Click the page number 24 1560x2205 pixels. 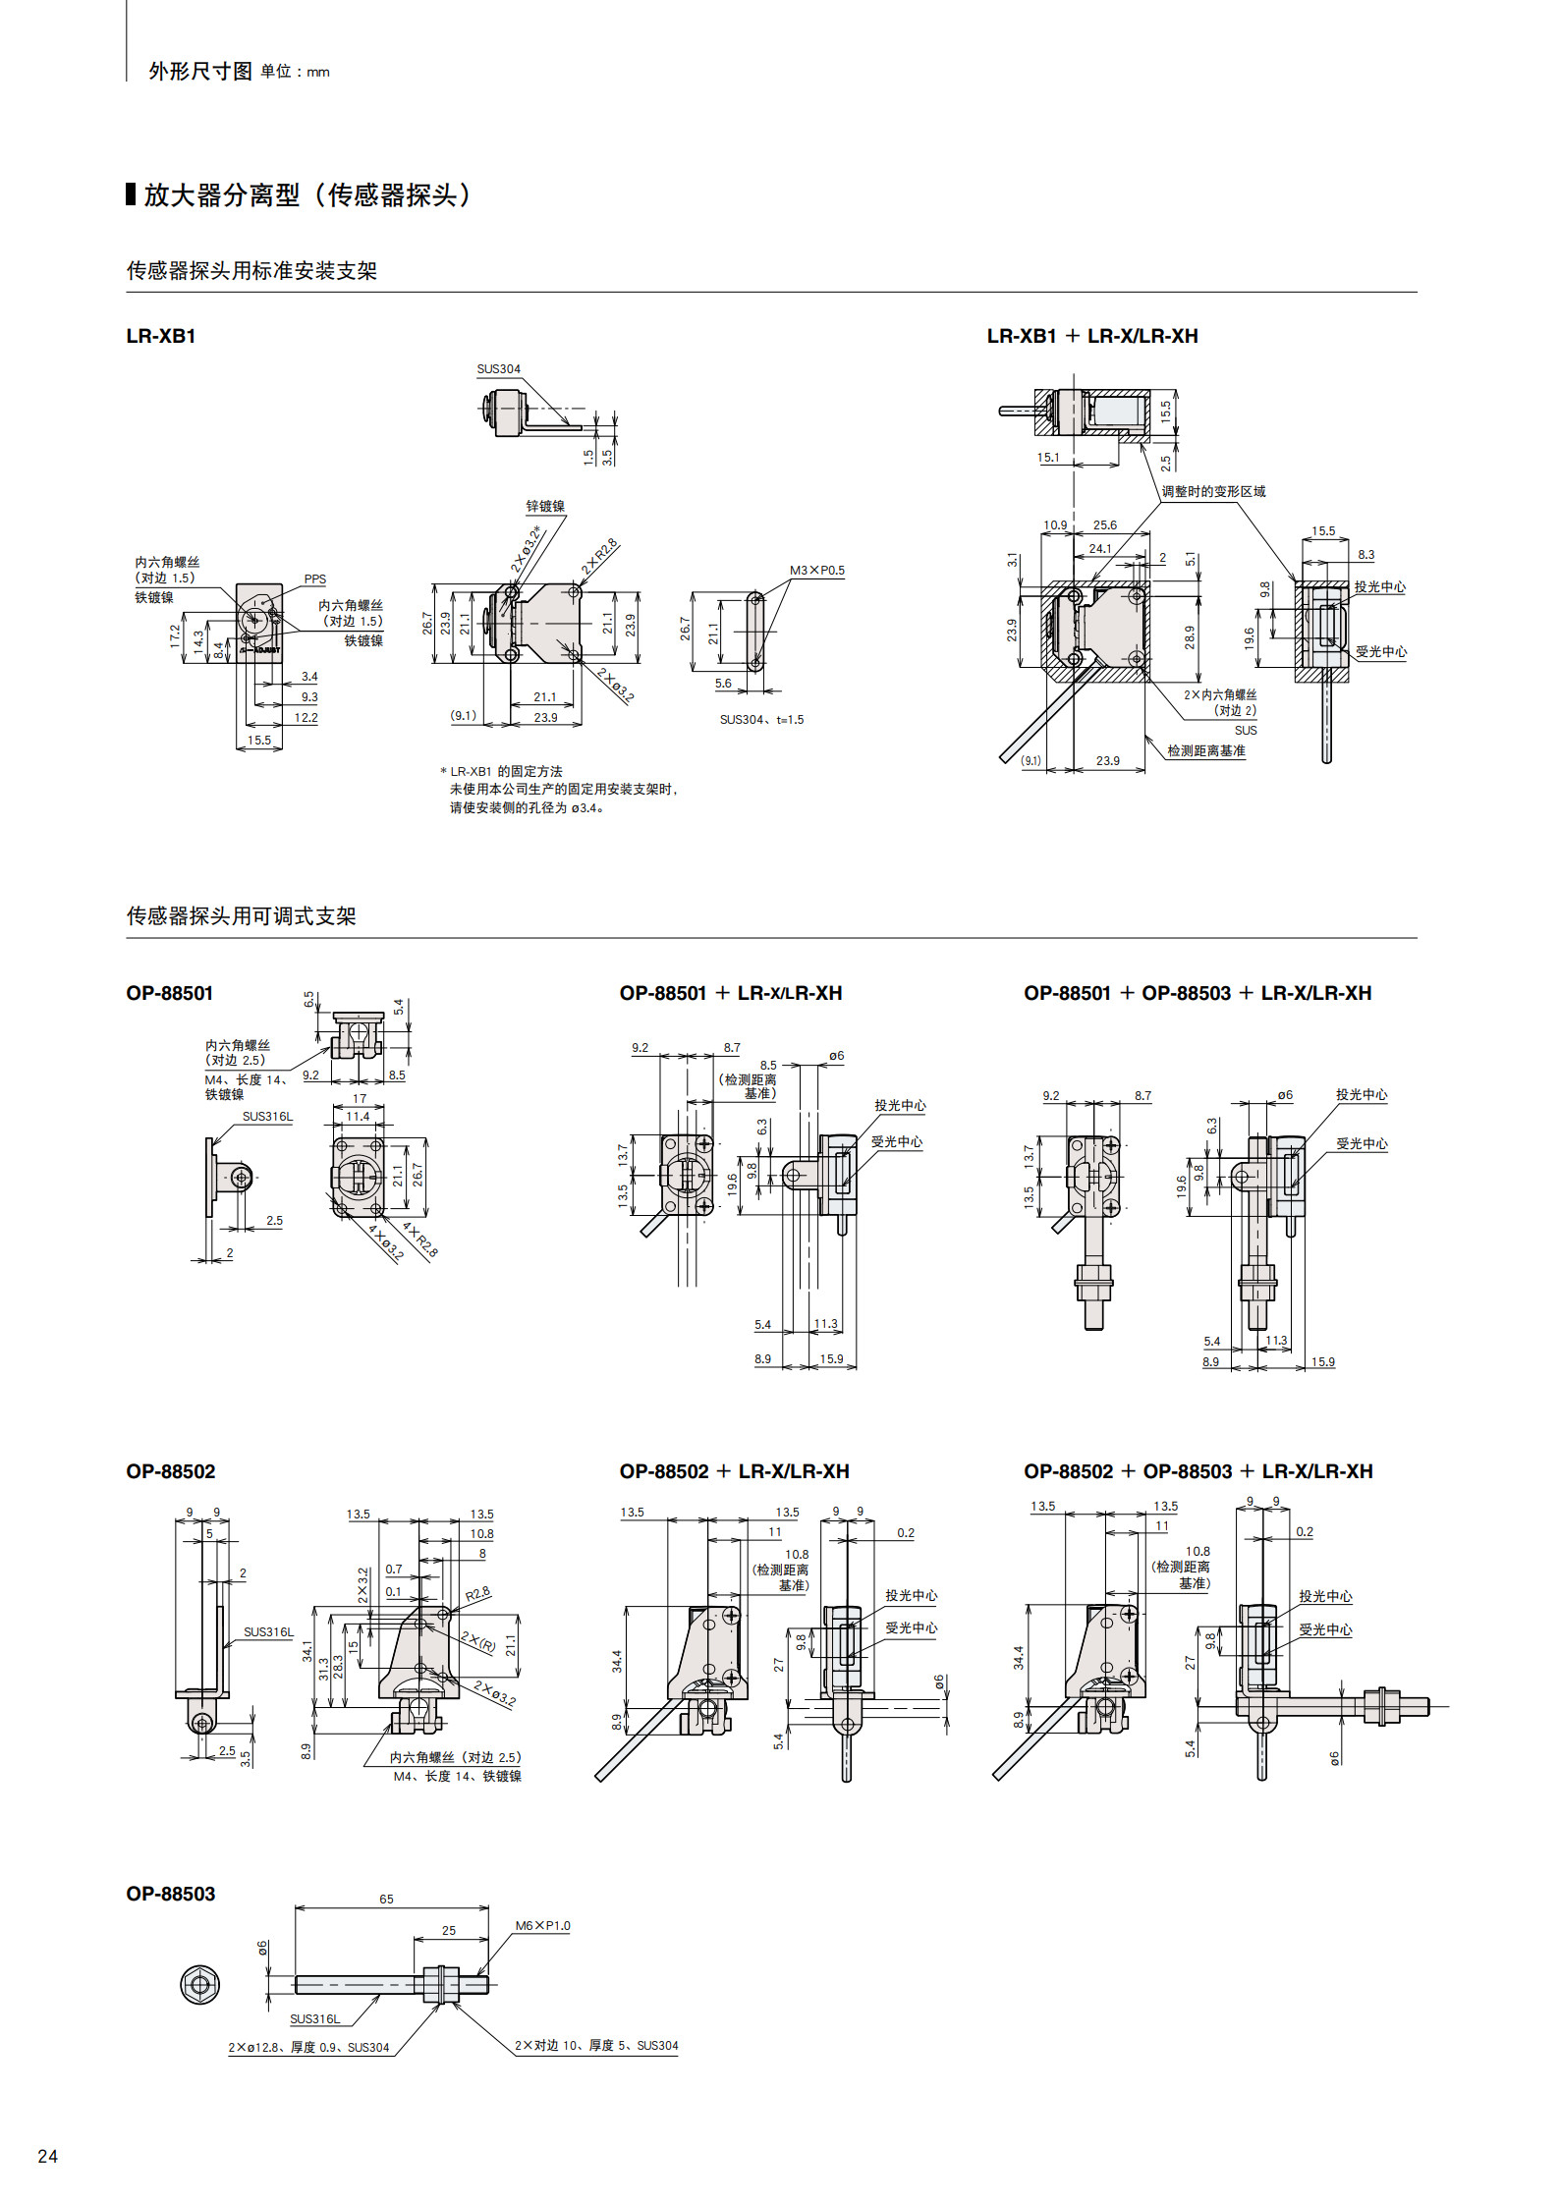(x=47, y=2156)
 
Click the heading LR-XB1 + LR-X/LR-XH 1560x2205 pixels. (x=1092, y=336)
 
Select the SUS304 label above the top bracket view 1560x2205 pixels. (x=499, y=369)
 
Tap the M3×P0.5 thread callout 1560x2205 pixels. (x=817, y=571)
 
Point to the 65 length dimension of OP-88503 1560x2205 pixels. (x=386, y=1900)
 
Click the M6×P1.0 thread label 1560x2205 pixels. (x=543, y=1926)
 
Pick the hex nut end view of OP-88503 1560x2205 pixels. (x=200, y=1985)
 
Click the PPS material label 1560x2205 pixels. (x=314, y=579)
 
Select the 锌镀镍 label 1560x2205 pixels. (x=545, y=507)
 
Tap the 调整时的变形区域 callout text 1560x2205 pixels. (x=1214, y=491)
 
